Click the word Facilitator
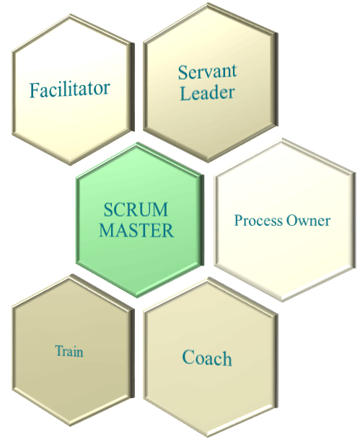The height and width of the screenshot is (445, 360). tap(69, 89)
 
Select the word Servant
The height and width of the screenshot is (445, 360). tap(207, 72)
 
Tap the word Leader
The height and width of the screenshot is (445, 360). tap(208, 93)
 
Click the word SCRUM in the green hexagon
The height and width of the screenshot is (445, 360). tap(136, 209)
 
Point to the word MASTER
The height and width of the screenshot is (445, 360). tap(136, 230)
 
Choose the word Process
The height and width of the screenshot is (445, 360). tap(258, 221)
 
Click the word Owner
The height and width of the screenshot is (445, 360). tap(308, 221)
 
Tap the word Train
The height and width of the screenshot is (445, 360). tap(69, 351)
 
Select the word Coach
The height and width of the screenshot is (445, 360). tap(207, 358)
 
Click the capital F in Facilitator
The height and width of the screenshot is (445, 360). tap(34, 90)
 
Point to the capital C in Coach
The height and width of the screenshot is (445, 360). tap(188, 357)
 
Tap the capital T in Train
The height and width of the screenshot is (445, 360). tap(59, 351)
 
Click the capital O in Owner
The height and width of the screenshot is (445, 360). tap(291, 221)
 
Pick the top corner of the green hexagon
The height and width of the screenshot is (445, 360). tap(137, 143)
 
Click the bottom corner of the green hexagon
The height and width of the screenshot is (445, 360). tap(137, 297)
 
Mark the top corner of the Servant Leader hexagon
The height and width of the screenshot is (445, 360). tap(208, 3)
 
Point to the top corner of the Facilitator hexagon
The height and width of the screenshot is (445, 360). tap(70, 14)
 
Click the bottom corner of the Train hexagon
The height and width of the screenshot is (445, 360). tap(70, 426)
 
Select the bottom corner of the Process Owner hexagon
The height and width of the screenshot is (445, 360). tap(283, 301)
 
